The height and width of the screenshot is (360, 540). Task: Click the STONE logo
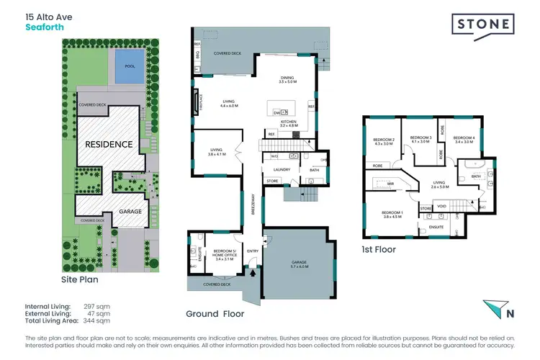click(x=482, y=24)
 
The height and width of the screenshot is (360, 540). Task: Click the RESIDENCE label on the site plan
click(x=109, y=144)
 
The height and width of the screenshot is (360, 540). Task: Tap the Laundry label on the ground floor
click(x=281, y=170)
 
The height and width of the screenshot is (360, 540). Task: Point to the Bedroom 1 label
click(x=391, y=214)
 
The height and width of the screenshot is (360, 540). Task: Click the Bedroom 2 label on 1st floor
click(x=384, y=140)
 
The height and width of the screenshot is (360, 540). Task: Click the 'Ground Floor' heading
click(x=215, y=314)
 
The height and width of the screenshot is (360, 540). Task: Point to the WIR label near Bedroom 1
click(x=391, y=184)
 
